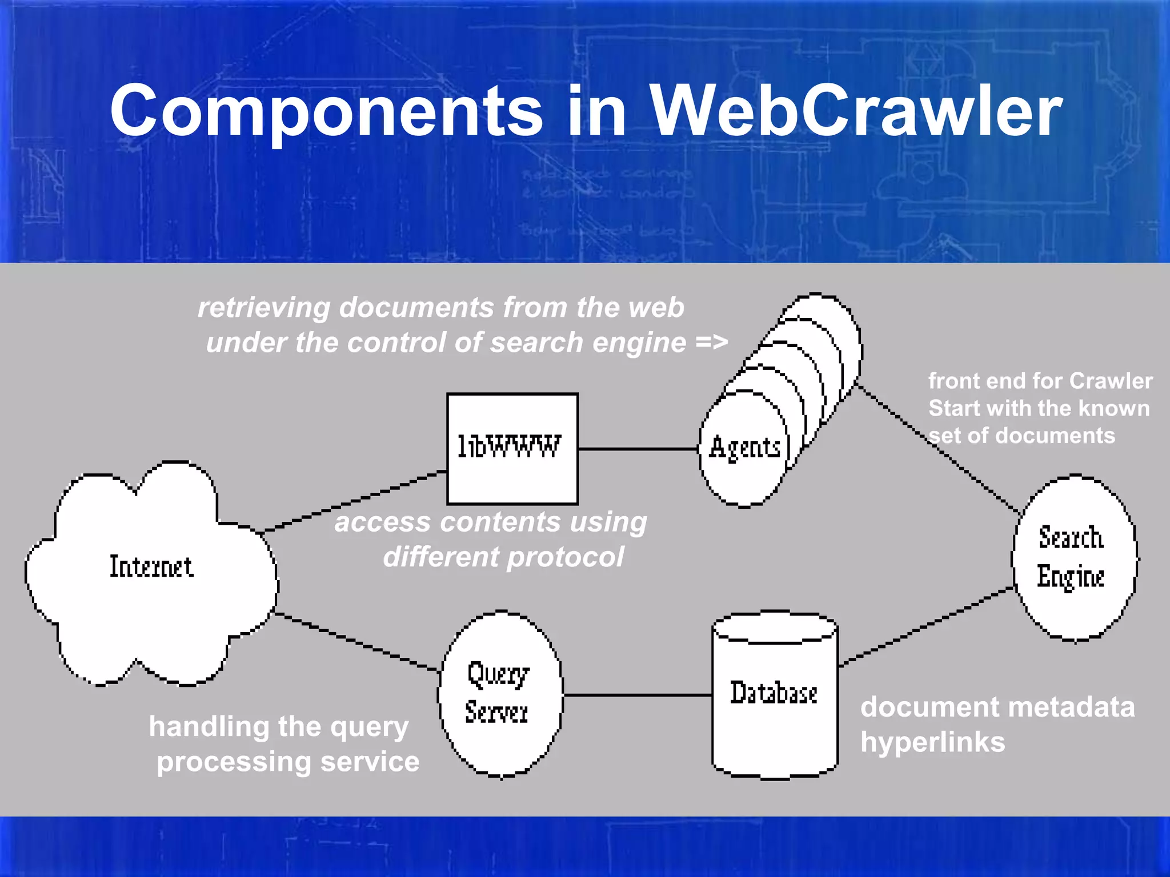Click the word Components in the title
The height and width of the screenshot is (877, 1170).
326,112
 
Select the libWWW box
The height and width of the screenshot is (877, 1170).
512,448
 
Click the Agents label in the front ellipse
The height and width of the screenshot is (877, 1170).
744,447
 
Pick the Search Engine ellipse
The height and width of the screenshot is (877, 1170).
1073,557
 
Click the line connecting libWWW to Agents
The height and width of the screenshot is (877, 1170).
638,449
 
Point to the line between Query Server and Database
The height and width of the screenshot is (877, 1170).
637,695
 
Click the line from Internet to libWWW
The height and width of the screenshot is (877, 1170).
354,501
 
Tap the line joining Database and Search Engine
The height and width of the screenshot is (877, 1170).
925,626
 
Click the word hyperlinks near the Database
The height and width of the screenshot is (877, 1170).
932,742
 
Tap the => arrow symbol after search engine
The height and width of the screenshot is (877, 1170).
711,343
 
